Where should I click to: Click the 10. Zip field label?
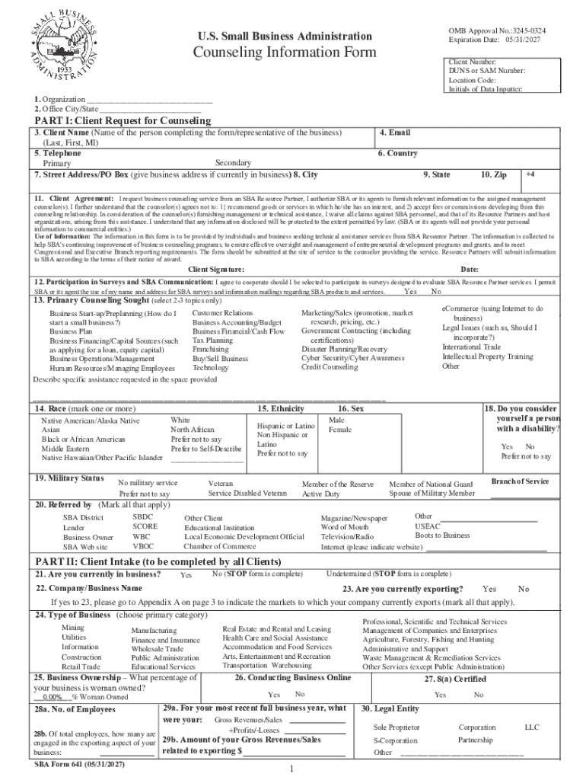[x=494, y=174]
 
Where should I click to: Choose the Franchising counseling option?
[x=211, y=349]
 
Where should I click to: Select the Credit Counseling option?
[x=330, y=366]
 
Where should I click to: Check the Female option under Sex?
[x=339, y=430]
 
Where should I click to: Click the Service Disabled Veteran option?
[x=247, y=494]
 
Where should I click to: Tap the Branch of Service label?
[x=520, y=481]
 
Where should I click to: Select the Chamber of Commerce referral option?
[x=220, y=546]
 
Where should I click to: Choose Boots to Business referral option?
[x=442, y=535]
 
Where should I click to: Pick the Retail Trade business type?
[x=81, y=667]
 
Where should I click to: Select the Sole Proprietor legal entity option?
[x=396, y=727]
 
